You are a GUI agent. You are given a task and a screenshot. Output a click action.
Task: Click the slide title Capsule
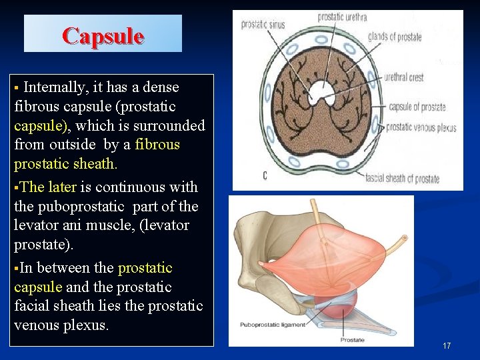click(103, 35)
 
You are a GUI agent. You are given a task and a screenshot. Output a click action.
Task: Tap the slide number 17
click(447, 345)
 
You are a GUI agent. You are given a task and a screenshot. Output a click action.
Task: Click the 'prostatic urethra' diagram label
click(342, 17)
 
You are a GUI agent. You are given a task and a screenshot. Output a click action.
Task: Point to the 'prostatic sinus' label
click(263, 25)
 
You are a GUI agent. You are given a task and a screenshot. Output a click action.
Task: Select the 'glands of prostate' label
click(395, 37)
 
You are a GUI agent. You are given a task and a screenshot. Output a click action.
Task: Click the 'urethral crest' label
click(403, 77)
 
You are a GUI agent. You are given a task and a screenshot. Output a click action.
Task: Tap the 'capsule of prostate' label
click(417, 107)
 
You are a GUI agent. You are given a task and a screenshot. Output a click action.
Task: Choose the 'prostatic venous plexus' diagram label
click(421, 127)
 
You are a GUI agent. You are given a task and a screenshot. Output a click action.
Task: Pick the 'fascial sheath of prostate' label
click(402, 179)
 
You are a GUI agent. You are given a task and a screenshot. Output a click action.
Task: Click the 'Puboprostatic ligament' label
click(273, 325)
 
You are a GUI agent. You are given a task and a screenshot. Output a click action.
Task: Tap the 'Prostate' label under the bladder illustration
click(351, 340)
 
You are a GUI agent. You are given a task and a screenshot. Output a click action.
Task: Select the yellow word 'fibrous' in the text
click(157, 145)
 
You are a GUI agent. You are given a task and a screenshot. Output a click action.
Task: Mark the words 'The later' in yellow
click(48, 187)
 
